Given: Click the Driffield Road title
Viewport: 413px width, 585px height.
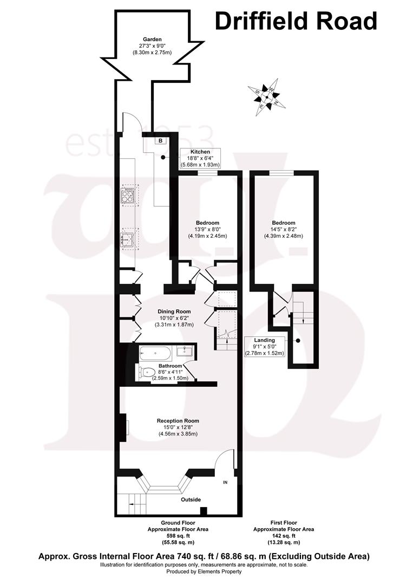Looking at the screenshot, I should (296, 22).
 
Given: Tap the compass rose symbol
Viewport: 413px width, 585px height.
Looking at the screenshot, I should (265, 96).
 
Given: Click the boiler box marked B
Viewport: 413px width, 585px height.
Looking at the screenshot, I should (161, 141).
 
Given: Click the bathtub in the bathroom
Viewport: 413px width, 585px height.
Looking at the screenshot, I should (156, 354).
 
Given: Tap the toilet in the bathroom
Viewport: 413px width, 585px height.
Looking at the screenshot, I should (145, 372).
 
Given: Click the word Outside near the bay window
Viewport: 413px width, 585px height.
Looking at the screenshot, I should (191, 499).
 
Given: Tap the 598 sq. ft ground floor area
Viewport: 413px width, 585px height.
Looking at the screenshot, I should (171, 536).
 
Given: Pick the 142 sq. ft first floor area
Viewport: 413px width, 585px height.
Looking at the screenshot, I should (284, 536).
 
